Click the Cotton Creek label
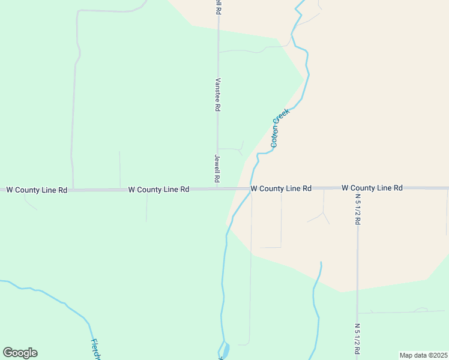[280, 128]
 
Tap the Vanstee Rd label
[218, 95]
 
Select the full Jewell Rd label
[217, 169]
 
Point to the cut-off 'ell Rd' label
[218, 7]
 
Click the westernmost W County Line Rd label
[37, 190]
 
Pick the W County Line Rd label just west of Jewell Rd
[158, 190]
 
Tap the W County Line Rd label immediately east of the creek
[281, 188]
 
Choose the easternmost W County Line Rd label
[372, 188]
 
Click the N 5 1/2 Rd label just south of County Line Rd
[358, 209]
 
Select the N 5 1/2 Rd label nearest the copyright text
[358, 339]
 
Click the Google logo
[20, 353]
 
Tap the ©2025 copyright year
[438, 355]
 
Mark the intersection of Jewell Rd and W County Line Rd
[217, 189]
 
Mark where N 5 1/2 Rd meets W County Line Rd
[358, 188]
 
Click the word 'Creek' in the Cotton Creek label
[284, 118]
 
